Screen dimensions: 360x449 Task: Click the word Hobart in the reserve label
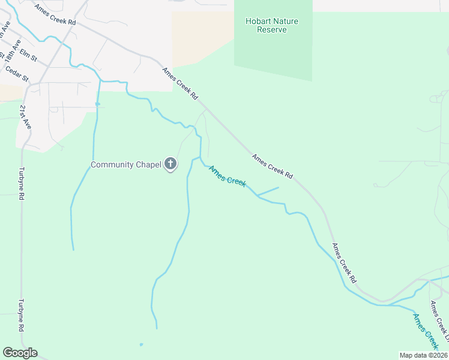(256, 22)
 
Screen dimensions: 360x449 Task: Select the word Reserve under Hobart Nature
(272, 30)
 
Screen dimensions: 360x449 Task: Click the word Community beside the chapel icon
(112, 164)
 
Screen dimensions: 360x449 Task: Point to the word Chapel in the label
(148, 164)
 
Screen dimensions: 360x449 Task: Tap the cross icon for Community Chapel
(170, 163)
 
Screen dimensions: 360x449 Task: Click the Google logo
(20, 353)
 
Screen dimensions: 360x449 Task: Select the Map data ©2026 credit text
(423, 355)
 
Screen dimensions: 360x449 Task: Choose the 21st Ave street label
(25, 118)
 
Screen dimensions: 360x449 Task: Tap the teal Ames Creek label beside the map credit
(424, 330)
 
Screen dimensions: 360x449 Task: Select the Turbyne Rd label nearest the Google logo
(21, 315)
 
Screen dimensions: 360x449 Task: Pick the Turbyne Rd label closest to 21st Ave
(22, 183)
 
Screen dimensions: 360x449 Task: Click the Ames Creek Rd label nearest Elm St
(55, 14)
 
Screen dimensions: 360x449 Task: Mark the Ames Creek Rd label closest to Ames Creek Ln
(345, 263)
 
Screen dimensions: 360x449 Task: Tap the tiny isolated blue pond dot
(141, 344)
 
